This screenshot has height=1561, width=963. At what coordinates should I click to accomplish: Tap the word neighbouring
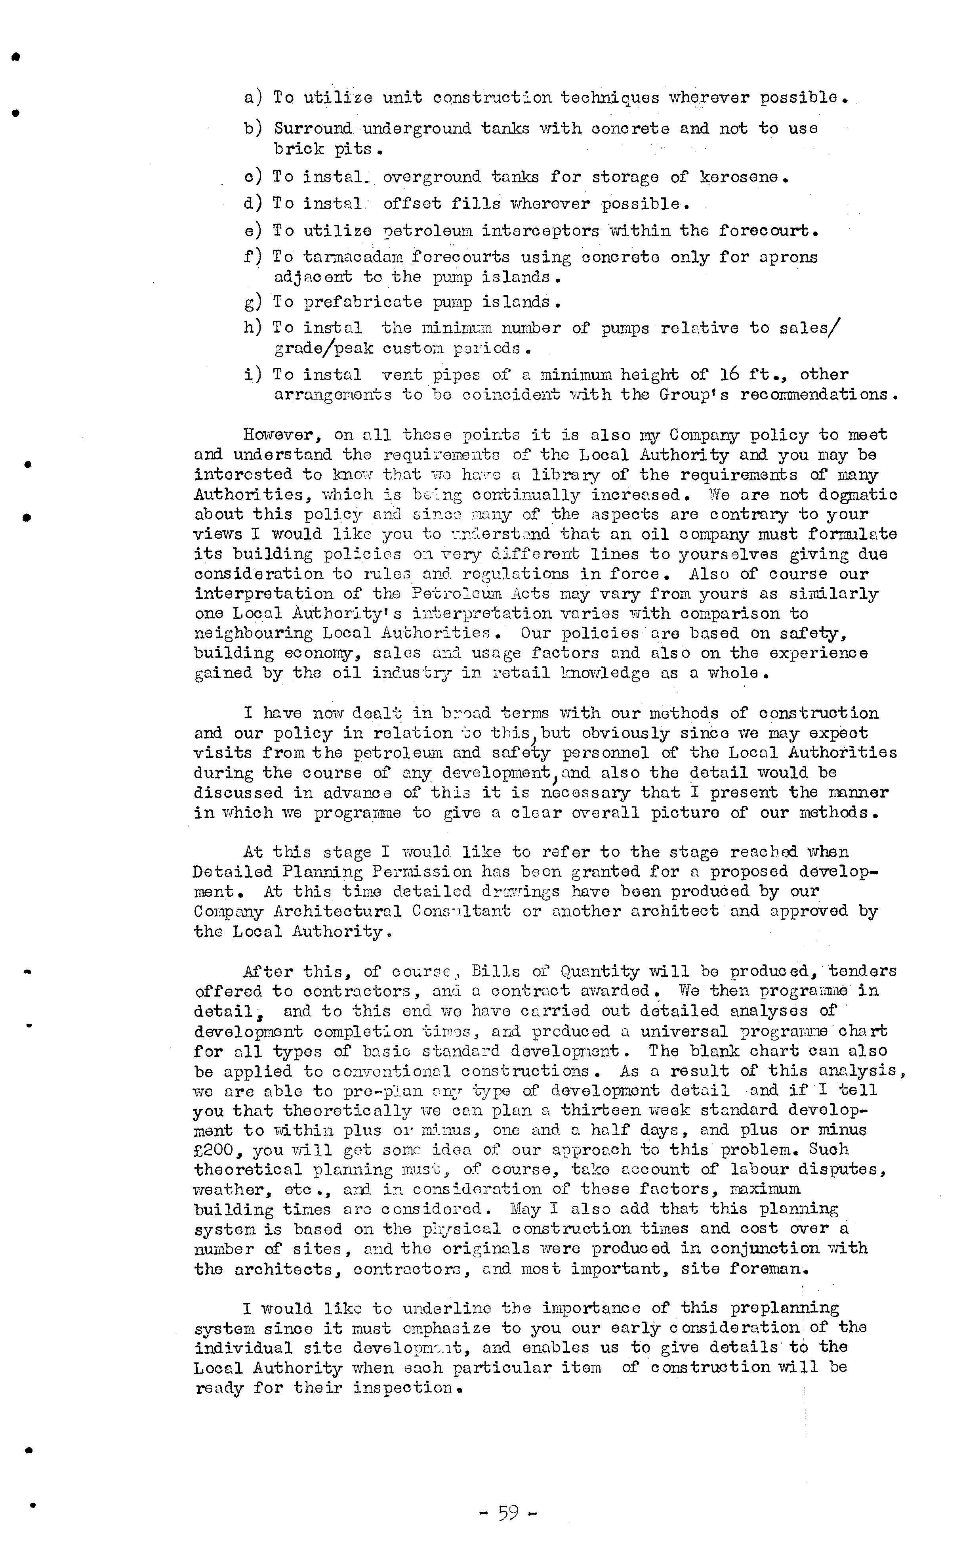click(254, 633)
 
